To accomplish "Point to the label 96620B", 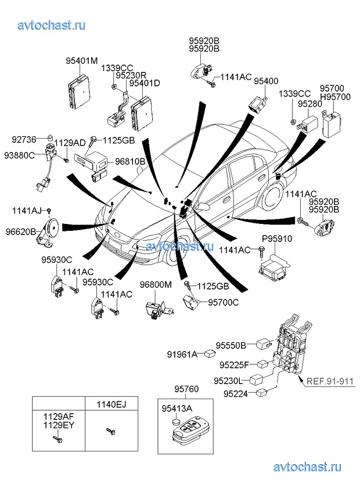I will click(x=21, y=231).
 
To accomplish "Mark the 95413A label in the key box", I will click(x=177, y=408).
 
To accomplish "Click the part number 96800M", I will click(x=156, y=285).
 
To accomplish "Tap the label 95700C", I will click(x=223, y=302).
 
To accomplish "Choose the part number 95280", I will click(x=309, y=103).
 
